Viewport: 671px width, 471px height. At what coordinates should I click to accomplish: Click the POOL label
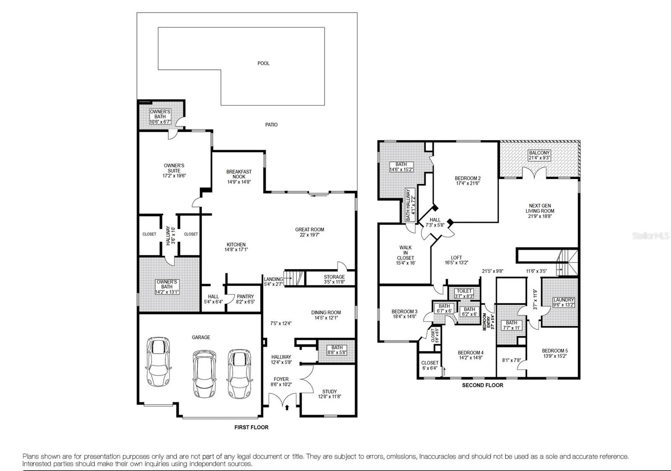pyautogui.click(x=263, y=63)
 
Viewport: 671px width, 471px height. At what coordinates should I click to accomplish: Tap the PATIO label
pyautogui.click(x=271, y=125)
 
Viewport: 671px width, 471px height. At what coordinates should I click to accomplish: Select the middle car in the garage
pyautogui.click(x=204, y=374)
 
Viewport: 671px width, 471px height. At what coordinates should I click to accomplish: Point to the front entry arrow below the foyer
pyautogui.click(x=287, y=406)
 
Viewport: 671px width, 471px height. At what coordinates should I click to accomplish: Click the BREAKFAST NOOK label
pyautogui.click(x=239, y=174)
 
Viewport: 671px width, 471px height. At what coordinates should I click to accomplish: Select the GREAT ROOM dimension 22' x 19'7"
pyautogui.click(x=309, y=235)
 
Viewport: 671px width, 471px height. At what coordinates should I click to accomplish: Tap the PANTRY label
pyautogui.click(x=245, y=297)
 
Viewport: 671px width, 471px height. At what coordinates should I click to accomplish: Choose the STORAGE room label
pyautogui.click(x=334, y=277)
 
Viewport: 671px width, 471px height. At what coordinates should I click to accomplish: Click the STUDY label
pyautogui.click(x=330, y=391)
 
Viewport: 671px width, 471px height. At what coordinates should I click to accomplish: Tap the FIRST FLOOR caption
pyautogui.click(x=251, y=427)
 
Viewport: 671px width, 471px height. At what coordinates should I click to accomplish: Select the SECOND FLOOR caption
pyautogui.click(x=482, y=385)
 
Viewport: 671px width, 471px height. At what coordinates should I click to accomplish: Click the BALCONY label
pyautogui.click(x=539, y=153)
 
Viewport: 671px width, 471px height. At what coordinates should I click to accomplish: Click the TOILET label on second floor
pyautogui.click(x=464, y=291)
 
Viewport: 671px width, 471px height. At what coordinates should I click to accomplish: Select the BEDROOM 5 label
pyautogui.click(x=554, y=351)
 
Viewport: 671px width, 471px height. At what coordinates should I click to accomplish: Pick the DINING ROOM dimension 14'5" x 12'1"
pyautogui.click(x=326, y=318)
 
